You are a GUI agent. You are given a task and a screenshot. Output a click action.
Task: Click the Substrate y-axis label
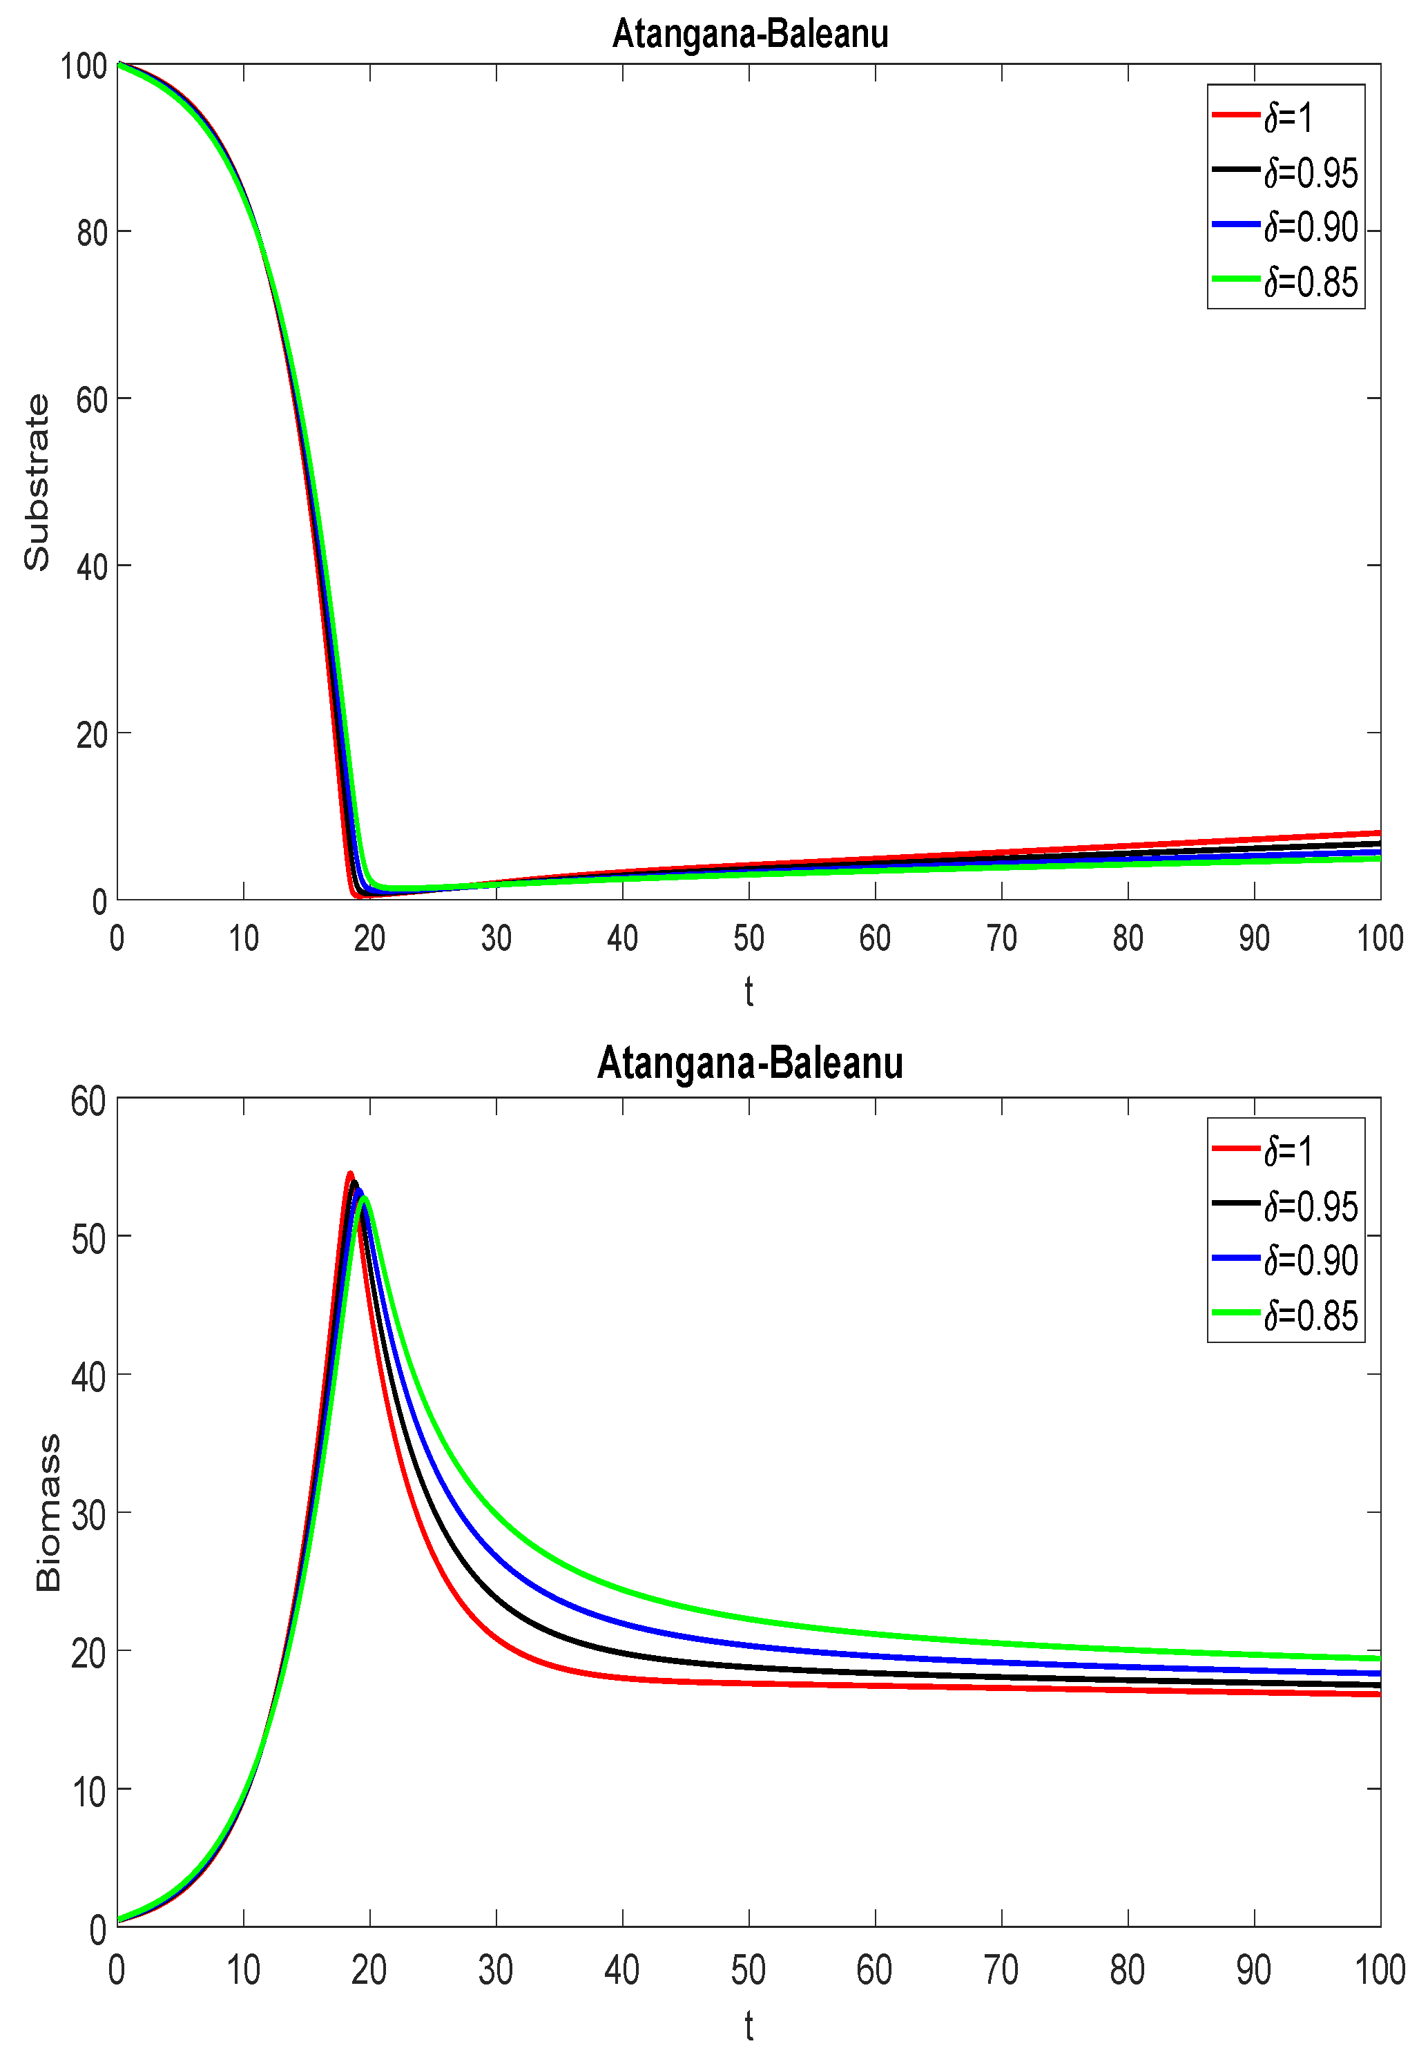pyautogui.click(x=37, y=482)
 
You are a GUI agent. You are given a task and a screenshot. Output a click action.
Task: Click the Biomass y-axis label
pyautogui.click(x=48, y=1512)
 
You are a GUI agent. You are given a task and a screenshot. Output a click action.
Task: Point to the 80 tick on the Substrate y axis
pyautogui.click(x=92, y=233)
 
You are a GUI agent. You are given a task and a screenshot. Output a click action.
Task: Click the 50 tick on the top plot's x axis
pyautogui.click(x=749, y=938)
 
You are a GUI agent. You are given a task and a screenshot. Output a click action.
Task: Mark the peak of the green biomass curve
pyautogui.click(x=364, y=1199)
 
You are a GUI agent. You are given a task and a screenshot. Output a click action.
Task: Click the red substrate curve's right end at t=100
pyautogui.click(x=1378, y=833)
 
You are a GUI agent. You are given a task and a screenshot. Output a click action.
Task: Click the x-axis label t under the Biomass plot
pyautogui.click(x=749, y=2026)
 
